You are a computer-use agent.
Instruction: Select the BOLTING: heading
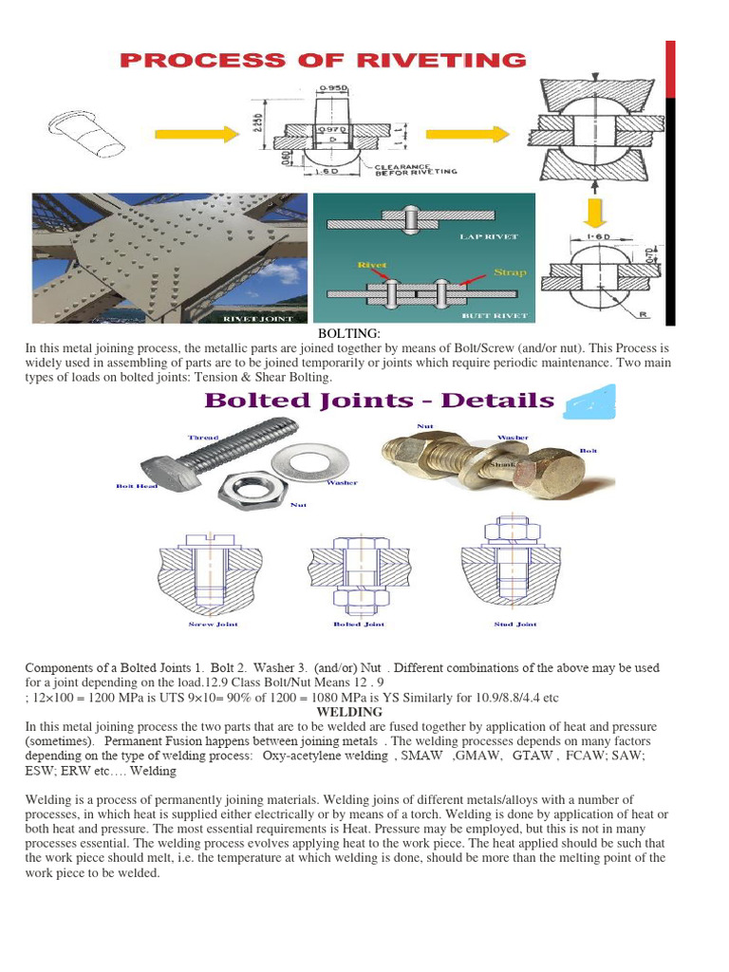coord(348,333)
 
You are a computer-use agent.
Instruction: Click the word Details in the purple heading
coord(495,400)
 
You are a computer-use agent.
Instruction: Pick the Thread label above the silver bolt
coord(203,438)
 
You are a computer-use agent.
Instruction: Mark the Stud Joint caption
coord(515,625)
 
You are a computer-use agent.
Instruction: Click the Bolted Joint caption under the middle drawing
coord(359,625)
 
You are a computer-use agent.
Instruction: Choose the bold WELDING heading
coord(349,711)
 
